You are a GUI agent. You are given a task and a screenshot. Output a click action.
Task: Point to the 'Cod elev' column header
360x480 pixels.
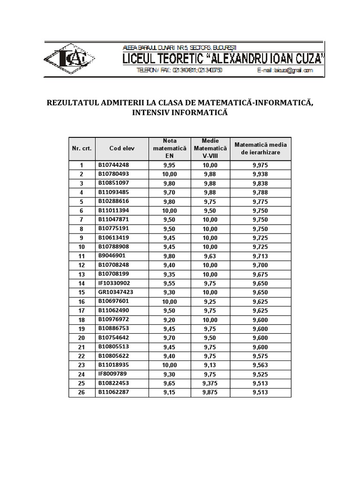click(x=122, y=148)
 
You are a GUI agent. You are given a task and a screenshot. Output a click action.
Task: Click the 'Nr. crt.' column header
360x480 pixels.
click(x=82, y=148)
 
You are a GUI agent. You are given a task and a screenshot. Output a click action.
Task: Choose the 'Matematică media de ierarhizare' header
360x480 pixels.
click(x=260, y=148)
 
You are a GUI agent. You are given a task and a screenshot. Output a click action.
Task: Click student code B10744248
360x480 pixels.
click(x=113, y=165)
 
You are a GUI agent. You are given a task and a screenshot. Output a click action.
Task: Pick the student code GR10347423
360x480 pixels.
click(x=116, y=292)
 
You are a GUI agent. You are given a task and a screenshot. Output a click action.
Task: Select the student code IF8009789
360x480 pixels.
click(x=112, y=374)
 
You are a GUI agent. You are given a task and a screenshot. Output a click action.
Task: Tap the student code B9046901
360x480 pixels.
click(x=112, y=255)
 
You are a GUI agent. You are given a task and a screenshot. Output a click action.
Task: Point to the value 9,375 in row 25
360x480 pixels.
click(x=210, y=383)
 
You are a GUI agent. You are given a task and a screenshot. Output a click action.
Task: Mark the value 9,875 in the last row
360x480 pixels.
click(x=210, y=392)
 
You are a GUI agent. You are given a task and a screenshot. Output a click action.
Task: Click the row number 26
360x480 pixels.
click(x=82, y=392)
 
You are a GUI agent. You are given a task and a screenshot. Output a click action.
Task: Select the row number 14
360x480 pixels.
click(x=82, y=283)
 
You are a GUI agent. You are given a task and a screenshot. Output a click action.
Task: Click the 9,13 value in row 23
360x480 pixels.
click(x=210, y=365)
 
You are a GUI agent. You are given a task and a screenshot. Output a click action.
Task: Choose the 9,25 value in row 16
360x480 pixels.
click(x=210, y=301)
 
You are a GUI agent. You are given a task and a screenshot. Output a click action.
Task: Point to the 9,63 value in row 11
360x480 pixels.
click(x=210, y=256)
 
